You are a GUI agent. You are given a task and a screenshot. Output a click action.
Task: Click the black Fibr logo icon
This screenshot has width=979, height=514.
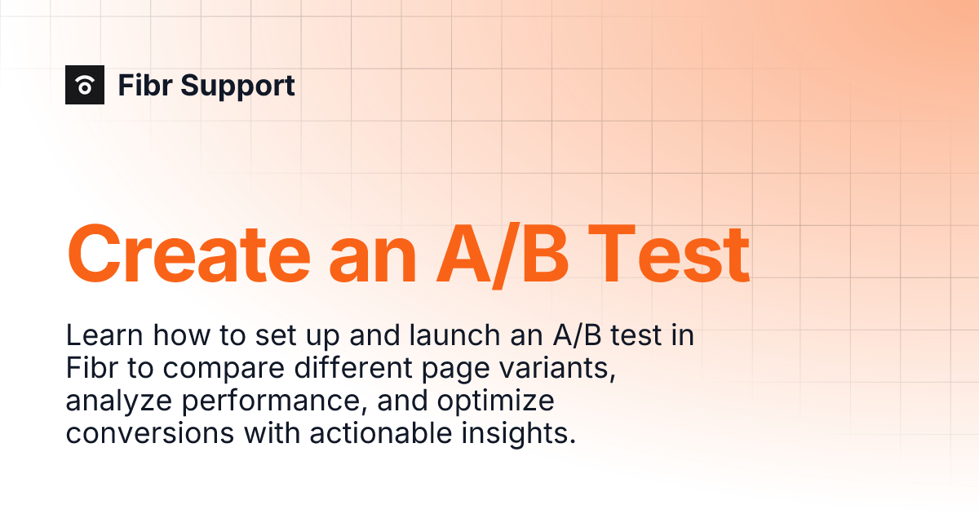[x=85, y=85]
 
